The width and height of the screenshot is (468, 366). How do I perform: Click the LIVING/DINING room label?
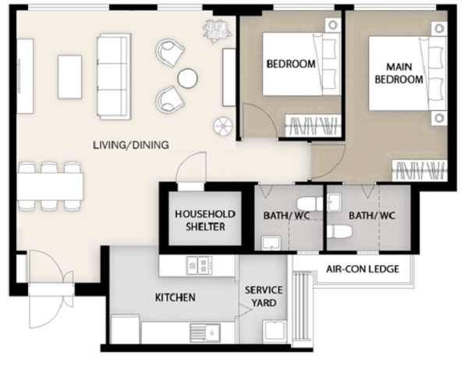tap(131, 145)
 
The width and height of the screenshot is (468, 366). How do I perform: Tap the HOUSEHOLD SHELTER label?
tap(205, 220)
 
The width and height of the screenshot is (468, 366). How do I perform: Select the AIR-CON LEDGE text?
tap(363, 269)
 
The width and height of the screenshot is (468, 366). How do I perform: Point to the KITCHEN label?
tap(175, 297)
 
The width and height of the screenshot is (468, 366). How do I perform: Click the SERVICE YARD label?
tap(264, 297)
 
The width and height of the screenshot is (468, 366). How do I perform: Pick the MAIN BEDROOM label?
tap(399, 73)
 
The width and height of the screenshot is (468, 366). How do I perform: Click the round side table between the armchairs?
tap(187, 79)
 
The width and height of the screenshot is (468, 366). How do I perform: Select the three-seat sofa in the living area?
tap(114, 76)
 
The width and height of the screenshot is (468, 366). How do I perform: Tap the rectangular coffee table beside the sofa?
tap(70, 77)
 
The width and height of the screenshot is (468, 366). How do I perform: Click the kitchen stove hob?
tap(200, 265)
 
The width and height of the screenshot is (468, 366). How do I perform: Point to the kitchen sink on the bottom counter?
tap(205, 333)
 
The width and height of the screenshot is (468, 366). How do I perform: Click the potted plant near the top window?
tap(217, 30)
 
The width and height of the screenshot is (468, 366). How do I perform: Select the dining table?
tap(50, 186)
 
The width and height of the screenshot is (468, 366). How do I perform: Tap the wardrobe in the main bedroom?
tap(420, 170)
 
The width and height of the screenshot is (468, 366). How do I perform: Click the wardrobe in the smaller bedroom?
tap(314, 126)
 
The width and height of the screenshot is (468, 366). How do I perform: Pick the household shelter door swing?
tap(191, 166)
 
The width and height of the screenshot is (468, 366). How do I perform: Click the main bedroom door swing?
tap(328, 162)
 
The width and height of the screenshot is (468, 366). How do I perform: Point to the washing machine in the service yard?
tap(275, 332)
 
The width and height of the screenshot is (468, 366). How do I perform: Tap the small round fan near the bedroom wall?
tap(222, 126)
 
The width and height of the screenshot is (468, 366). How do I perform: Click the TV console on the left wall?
tap(25, 76)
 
